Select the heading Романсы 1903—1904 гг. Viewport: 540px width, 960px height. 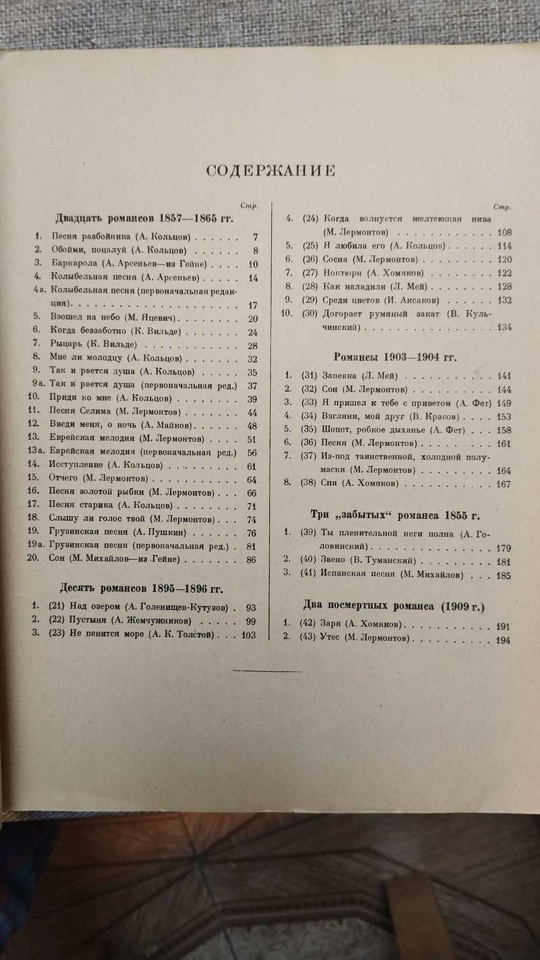(x=396, y=357)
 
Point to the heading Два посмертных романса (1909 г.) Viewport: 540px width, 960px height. (x=393, y=605)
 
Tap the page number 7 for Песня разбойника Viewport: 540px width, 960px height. (x=255, y=237)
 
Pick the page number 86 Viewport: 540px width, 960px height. (x=252, y=559)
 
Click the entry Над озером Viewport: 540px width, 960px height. (x=140, y=606)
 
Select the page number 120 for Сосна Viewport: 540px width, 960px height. (x=504, y=259)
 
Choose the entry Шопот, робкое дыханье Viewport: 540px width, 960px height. (x=391, y=429)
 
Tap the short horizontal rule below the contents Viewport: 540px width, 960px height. (x=267, y=671)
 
